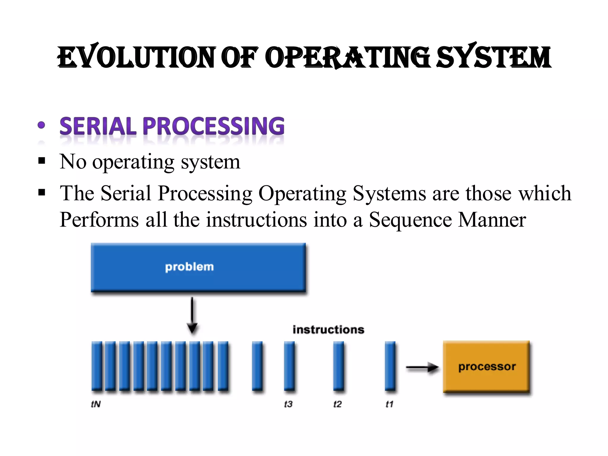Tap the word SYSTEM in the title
tap(493, 57)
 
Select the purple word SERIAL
tap(98, 126)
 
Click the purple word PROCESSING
tap(214, 126)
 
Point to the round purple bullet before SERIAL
tap(42, 125)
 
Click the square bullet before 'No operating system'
tap(42, 161)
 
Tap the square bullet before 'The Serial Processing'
tap(42, 193)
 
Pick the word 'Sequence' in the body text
tap(410, 220)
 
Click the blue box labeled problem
tap(198, 267)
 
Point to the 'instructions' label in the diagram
tap(328, 330)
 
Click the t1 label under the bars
tap(389, 404)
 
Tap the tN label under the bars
tap(96, 404)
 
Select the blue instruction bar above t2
tap(338, 366)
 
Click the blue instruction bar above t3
tap(289, 366)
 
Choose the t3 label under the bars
tap(288, 404)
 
